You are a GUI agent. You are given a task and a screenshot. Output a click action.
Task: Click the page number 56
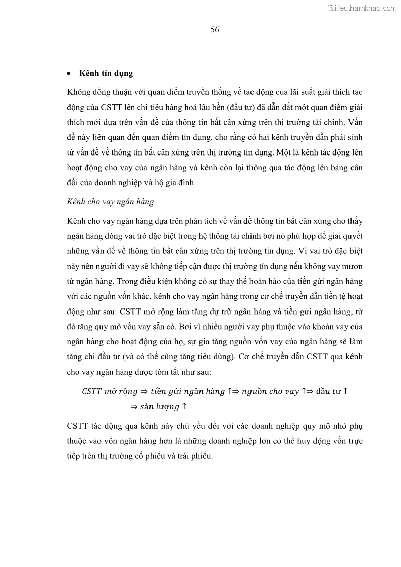click(215, 30)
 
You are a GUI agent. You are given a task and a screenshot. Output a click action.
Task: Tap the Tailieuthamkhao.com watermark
click(362, 8)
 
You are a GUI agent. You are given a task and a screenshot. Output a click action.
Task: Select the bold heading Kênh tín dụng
click(106, 73)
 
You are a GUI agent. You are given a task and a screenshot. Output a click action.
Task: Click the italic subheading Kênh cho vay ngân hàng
click(110, 202)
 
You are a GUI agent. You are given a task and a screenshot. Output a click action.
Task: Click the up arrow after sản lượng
click(185, 406)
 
